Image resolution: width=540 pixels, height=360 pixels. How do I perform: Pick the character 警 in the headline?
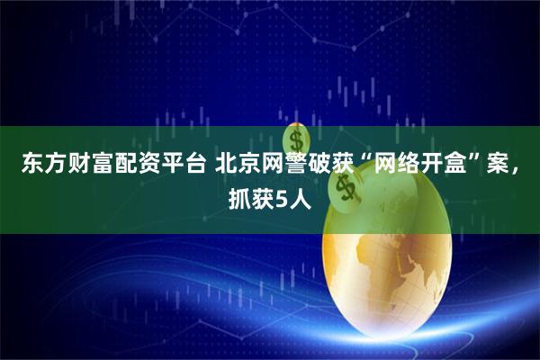point(291,166)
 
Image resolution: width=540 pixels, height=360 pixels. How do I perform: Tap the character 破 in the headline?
point(314,166)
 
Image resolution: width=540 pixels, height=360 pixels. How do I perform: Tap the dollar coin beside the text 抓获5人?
point(344,189)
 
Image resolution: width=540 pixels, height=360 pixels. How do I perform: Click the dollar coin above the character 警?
point(294,139)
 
